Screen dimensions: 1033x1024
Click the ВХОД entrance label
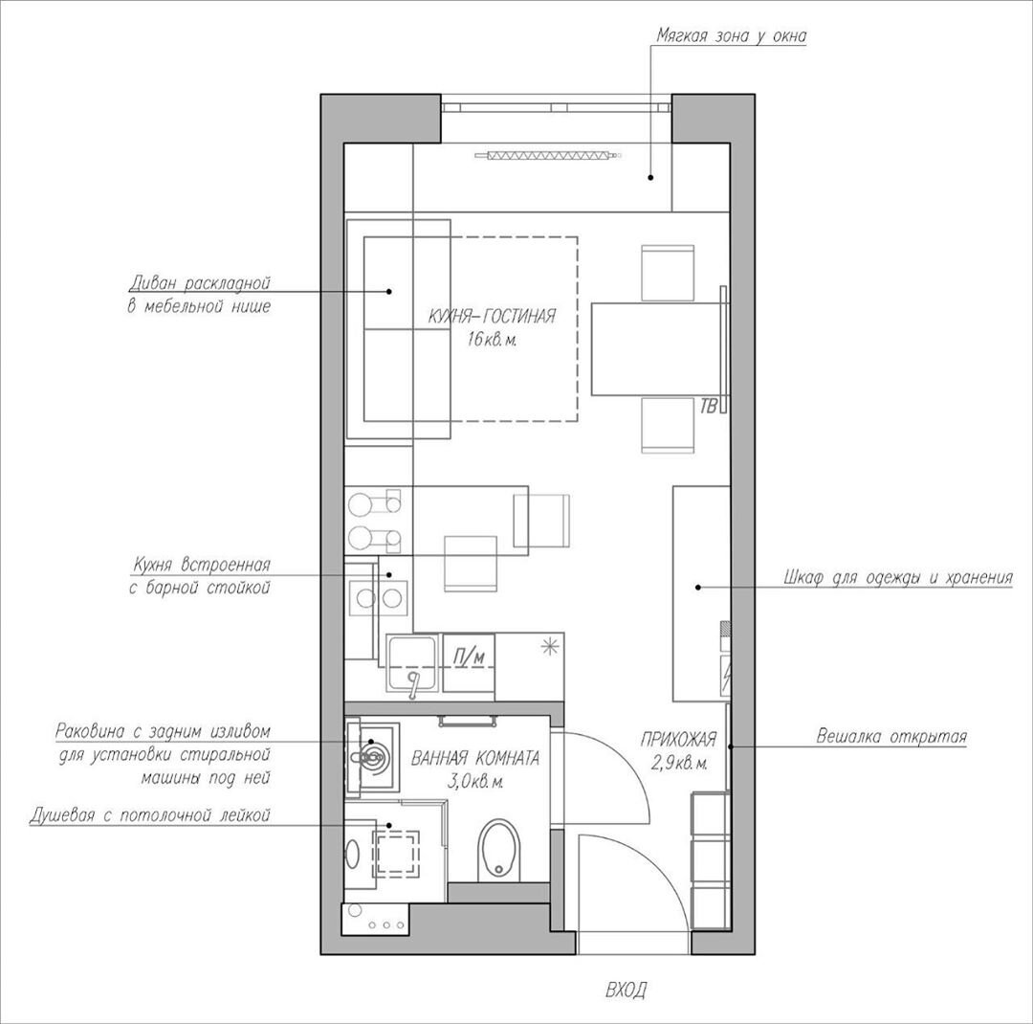(626, 990)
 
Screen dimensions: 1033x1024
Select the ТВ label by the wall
(709, 406)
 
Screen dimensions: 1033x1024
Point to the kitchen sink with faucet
(412, 662)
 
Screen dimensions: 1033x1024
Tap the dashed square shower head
(396, 854)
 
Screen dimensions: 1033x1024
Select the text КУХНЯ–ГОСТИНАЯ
(492, 317)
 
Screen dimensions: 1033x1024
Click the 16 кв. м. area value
(492, 341)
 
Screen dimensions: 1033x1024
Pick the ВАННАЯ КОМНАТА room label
(475, 758)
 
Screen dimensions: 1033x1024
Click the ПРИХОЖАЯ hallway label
(678, 740)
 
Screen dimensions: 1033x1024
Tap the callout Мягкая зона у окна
(732, 35)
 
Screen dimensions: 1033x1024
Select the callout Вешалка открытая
(891, 736)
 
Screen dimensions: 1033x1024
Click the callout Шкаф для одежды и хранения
(898, 578)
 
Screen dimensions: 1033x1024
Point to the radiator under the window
(548, 156)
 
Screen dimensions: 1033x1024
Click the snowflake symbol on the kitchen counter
(549, 647)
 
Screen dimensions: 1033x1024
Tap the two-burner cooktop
(378, 597)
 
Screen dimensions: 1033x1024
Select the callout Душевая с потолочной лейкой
(150, 815)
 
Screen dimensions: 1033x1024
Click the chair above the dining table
(668, 273)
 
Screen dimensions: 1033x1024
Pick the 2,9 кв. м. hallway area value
(680, 764)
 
